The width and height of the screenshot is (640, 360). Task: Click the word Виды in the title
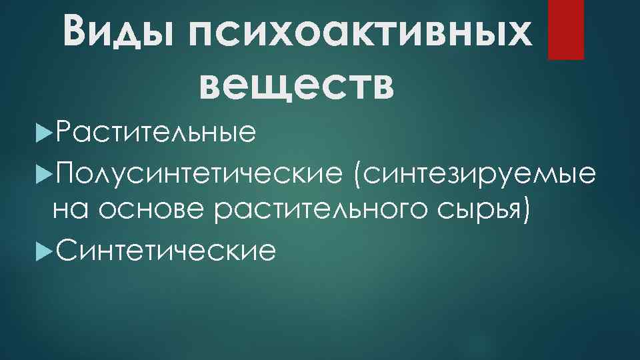click(121, 32)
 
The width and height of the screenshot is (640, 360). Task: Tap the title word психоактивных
click(361, 32)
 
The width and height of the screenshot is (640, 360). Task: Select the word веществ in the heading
click(297, 85)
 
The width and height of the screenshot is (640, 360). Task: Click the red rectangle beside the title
click(565, 29)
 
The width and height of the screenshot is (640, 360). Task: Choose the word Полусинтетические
click(199, 174)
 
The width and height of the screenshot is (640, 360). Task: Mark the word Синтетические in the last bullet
click(165, 250)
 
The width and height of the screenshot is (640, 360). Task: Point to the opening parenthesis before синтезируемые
click(361, 175)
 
